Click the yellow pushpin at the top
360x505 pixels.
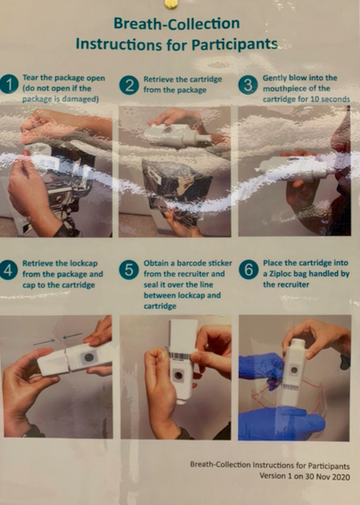[171, 3]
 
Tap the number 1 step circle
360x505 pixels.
[9, 84]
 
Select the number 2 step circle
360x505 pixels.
[129, 85]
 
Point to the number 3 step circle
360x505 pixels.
[248, 85]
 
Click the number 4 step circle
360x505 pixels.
[9, 270]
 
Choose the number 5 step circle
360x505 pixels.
[129, 270]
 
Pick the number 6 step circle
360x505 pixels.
[249, 270]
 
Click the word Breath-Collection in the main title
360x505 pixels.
[177, 24]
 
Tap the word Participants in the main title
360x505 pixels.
[234, 44]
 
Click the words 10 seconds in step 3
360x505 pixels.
[330, 99]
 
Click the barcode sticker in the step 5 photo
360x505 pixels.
[180, 356]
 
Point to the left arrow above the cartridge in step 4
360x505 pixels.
[44, 342]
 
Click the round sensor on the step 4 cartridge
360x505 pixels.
[88, 357]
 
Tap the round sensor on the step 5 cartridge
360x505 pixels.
[178, 376]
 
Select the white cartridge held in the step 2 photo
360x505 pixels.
[178, 136]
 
